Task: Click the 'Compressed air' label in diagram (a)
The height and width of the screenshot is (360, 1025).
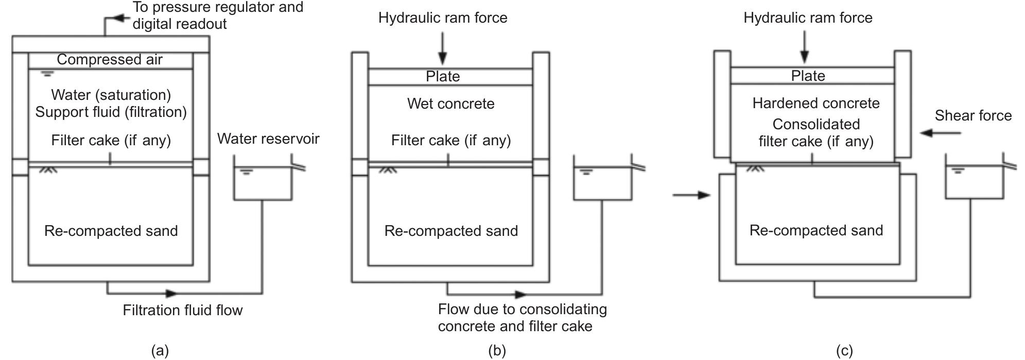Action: pyautogui.click(x=110, y=60)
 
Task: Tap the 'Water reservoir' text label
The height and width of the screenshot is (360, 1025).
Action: pyautogui.click(x=268, y=139)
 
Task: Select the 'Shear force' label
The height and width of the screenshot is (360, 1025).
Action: pyautogui.click(x=972, y=115)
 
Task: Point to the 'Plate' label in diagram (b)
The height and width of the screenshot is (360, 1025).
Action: pyautogui.click(x=443, y=77)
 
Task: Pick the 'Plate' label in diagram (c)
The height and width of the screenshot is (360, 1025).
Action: pyautogui.click(x=808, y=76)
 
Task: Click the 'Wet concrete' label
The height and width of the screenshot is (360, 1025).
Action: pyautogui.click(x=450, y=104)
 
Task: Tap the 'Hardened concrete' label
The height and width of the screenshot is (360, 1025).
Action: pyautogui.click(x=815, y=104)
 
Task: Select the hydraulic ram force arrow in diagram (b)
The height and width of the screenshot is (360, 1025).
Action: pyautogui.click(x=442, y=49)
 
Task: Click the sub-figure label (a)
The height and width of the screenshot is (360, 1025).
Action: pyautogui.click(x=160, y=351)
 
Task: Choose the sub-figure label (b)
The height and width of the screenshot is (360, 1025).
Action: pyautogui.click(x=497, y=351)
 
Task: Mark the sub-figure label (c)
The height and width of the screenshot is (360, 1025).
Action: pyautogui.click(x=844, y=351)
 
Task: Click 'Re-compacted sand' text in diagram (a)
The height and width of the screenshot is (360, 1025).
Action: pyautogui.click(x=111, y=231)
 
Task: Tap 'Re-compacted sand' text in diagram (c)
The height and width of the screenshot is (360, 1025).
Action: pyautogui.click(x=816, y=230)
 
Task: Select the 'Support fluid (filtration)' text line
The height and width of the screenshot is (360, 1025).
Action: pyautogui.click(x=111, y=112)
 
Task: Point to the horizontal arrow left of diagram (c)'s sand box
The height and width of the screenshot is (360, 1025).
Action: pyautogui.click(x=691, y=195)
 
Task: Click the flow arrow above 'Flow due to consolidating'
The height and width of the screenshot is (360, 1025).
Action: pyautogui.click(x=520, y=295)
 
